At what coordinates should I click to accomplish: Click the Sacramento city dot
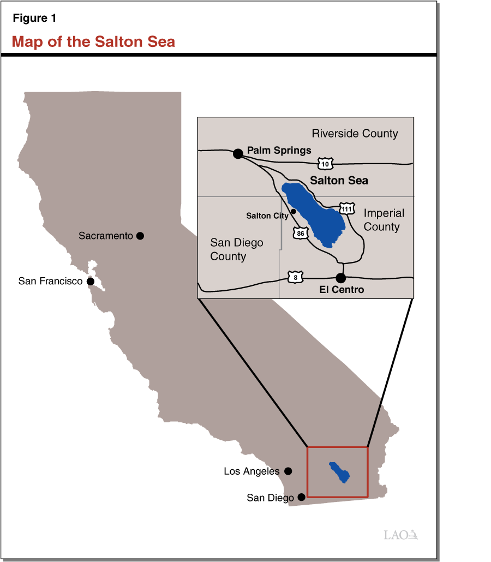140,236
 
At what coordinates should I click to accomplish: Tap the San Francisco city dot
91,282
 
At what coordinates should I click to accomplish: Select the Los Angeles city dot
288,471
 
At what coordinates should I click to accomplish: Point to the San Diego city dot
301,498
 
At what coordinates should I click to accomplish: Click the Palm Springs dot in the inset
238,153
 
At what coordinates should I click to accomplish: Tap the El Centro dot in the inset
340,278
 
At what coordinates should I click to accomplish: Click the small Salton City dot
294,211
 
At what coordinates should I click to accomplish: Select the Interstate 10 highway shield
324,163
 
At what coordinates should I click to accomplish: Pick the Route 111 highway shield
346,208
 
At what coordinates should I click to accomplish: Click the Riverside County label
355,134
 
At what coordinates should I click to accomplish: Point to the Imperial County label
383,220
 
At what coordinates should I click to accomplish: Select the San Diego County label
236,249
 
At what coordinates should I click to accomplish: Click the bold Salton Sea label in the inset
339,181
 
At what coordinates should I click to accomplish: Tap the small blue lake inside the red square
339,471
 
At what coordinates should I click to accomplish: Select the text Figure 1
34,18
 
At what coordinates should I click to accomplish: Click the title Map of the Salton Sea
93,41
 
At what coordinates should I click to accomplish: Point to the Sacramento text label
106,236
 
